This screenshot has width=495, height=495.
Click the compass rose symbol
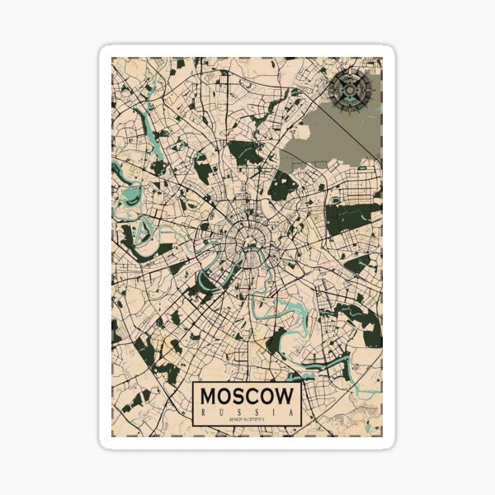[x=350, y=87]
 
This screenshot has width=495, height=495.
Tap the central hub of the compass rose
[x=350, y=87]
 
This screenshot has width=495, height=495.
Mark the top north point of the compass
[x=350, y=68]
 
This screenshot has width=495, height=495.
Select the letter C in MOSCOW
[x=252, y=396]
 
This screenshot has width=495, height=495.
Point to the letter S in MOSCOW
[x=238, y=396]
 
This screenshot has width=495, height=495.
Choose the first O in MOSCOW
[x=225, y=396]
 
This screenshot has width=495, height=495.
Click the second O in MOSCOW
[x=266, y=396]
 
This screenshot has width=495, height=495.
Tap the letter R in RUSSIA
[x=204, y=411]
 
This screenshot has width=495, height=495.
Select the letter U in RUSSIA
[x=221, y=411]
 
